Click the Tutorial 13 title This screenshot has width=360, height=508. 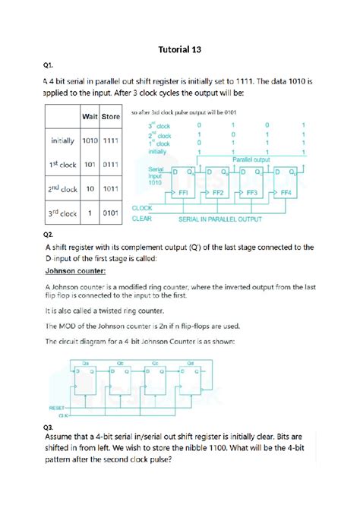[179, 50]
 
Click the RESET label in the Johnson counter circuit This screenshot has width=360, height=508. [58, 408]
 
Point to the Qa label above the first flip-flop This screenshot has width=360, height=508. [86, 363]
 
